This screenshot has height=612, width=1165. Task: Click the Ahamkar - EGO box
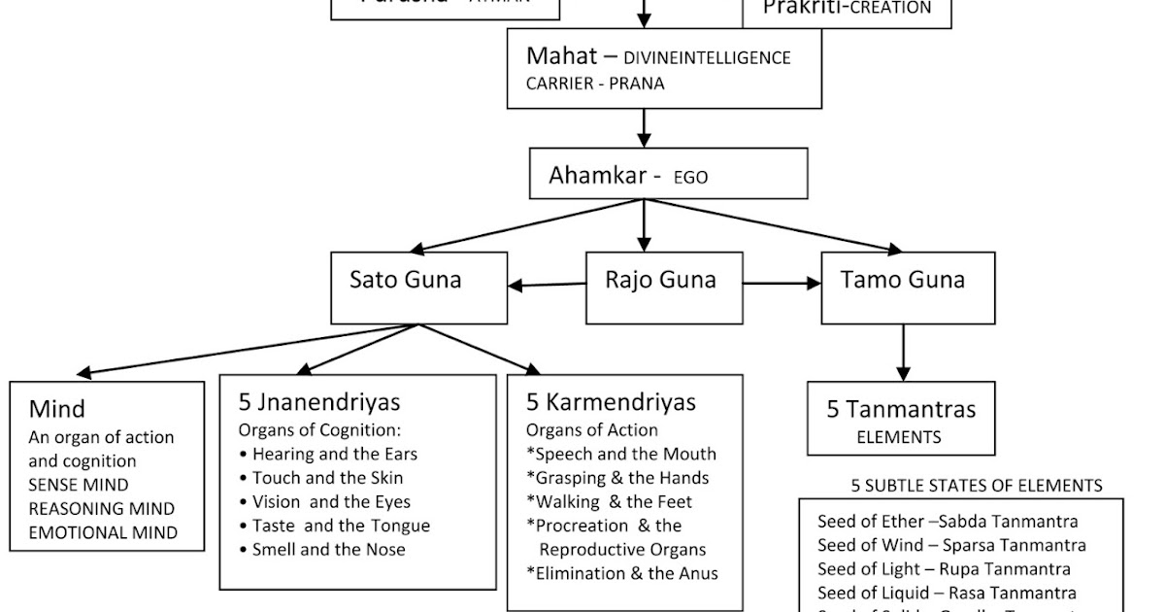click(669, 174)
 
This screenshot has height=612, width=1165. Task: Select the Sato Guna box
click(418, 288)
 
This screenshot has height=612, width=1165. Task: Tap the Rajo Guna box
click(664, 288)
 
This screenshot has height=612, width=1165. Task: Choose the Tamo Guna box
click(908, 288)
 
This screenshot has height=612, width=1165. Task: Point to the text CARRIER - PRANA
click(595, 84)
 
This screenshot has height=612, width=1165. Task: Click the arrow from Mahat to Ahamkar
click(643, 127)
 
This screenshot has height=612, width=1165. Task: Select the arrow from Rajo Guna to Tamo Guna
click(782, 284)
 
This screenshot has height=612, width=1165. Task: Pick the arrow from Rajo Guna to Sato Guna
click(547, 285)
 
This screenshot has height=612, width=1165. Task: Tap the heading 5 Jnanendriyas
click(319, 402)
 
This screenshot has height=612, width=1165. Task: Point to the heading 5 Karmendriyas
click(611, 402)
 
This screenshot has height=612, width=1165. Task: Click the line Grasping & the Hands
click(617, 478)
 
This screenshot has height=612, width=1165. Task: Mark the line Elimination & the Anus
click(622, 573)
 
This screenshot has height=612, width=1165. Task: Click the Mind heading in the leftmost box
click(56, 409)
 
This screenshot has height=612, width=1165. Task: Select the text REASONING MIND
click(101, 509)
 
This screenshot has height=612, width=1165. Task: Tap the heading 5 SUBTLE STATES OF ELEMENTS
click(977, 486)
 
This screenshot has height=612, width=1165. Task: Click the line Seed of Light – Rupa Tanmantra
click(944, 569)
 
